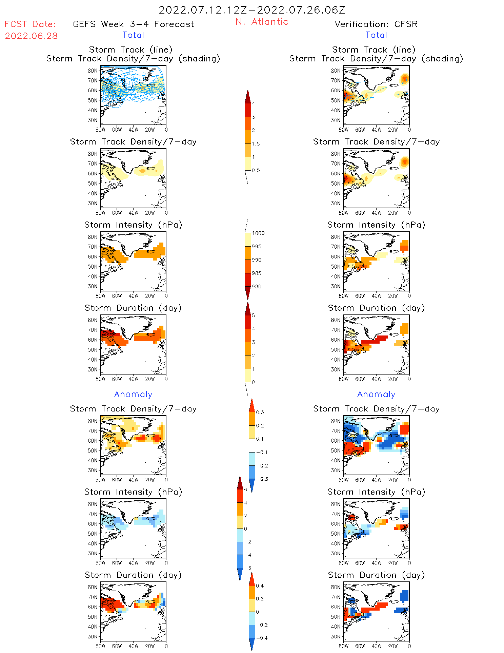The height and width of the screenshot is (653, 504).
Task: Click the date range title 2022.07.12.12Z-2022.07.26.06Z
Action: [252, 10]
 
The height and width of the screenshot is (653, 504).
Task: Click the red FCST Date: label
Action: [30, 24]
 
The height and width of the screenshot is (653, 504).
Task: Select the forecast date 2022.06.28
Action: [31, 36]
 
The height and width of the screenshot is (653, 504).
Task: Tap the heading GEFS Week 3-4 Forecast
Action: [134, 24]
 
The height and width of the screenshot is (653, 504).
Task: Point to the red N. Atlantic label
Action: [262, 22]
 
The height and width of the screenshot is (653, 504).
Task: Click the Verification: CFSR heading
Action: [376, 24]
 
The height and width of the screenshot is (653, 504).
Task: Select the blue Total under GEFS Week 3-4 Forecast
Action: [133, 35]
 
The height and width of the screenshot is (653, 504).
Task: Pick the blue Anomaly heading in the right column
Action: [376, 394]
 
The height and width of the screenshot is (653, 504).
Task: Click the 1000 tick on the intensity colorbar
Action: [258, 233]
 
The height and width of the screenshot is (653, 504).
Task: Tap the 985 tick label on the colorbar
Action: [257, 273]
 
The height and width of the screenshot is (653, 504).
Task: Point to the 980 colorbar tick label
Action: [257, 286]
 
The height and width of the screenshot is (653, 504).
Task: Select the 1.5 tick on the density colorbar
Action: [256, 143]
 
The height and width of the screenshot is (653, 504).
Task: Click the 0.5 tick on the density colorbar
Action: [256, 170]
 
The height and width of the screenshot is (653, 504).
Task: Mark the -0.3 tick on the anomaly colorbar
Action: [262, 479]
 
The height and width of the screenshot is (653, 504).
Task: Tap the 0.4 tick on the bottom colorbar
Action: [260, 585]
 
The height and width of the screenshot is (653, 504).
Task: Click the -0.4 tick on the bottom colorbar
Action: [262, 638]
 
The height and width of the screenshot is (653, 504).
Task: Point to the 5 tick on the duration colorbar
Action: [253, 315]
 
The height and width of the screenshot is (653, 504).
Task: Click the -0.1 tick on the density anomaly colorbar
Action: [262, 452]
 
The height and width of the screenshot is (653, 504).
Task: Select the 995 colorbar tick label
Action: [257, 246]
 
